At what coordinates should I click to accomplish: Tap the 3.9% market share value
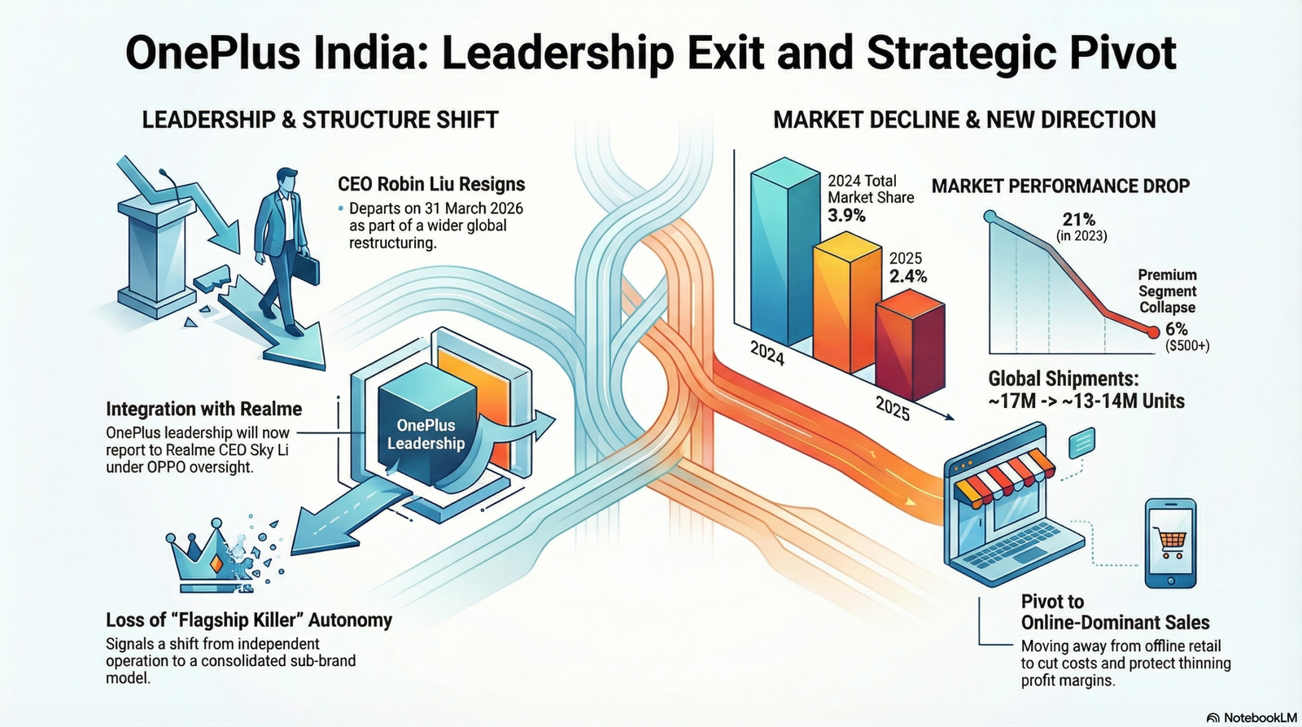tap(846, 216)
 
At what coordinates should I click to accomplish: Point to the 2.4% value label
tap(908, 276)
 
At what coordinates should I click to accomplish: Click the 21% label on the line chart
tap(1079, 220)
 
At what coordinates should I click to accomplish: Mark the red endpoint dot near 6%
tap(1152, 331)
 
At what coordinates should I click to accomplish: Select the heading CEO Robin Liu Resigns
tap(431, 184)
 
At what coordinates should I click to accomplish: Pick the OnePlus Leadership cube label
tap(426, 434)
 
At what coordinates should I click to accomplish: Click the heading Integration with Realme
tap(203, 409)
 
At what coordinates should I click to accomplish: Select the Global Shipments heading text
tap(1063, 379)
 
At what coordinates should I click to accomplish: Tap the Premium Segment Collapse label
tap(1167, 291)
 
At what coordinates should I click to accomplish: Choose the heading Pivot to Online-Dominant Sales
tap(1115, 612)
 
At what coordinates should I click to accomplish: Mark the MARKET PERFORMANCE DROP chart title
tap(1060, 186)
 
